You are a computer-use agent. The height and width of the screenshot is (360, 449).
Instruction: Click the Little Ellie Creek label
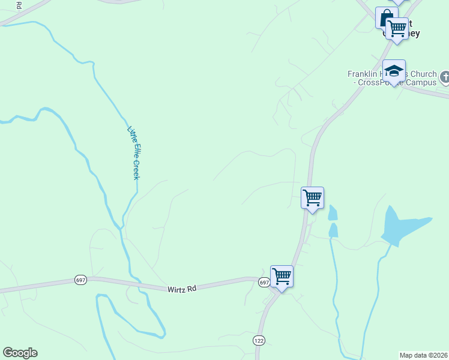[x=133, y=153]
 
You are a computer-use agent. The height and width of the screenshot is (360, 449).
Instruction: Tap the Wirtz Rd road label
[x=182, y=289]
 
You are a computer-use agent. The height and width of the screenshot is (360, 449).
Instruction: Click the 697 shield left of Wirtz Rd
[x=80, y=280]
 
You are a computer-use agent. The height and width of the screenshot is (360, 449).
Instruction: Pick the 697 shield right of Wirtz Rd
[x=264, y=282]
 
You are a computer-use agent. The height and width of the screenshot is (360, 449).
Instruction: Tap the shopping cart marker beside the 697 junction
[x=282, y=277]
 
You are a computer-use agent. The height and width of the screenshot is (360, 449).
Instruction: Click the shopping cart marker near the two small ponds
[x=312, y=197]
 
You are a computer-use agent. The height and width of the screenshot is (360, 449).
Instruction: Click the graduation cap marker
[x=394, y=71]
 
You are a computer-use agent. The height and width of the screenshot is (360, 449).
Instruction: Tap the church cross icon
[x=445, y=77]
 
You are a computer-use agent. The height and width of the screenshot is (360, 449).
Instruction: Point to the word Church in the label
[x=423, y=74]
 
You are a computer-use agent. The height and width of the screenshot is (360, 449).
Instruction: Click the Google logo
[x=20, y=353]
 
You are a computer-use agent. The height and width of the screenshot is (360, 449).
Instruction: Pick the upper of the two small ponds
[x=333, y=212]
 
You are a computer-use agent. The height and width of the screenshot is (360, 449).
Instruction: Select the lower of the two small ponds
[x=333, y=230]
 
